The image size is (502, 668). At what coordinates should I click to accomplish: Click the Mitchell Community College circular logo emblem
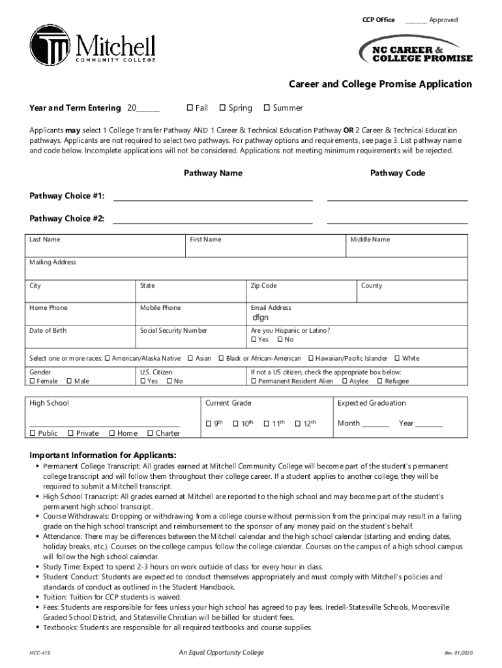click(50, 46)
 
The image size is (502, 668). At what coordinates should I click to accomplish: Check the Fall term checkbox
click(190, 108)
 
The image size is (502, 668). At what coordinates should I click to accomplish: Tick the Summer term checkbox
click(266, 108)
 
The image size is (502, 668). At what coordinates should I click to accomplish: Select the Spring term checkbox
click(222, 108)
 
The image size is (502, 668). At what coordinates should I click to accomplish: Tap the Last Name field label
click(45, 240)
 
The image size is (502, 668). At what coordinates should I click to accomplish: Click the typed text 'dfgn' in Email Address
click(260, 318)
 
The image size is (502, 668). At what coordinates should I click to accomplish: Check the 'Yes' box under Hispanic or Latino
click(254, 339)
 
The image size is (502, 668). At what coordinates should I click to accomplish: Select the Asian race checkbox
click(190, 358)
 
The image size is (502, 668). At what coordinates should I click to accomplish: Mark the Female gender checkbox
click(33, 381)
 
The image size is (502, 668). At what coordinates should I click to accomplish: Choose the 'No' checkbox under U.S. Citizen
click(170, 381)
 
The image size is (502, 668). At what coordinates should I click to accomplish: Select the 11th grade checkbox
click(267, 424)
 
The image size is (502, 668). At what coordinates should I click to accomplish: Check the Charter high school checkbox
click(151, 433)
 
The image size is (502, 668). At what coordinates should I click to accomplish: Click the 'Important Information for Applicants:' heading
click(102, 455)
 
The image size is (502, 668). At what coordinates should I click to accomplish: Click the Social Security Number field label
click(173, 331)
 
